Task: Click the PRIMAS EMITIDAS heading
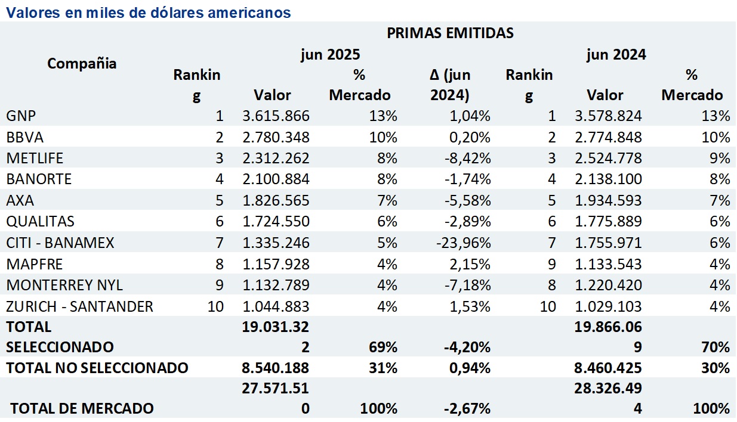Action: [450, 33]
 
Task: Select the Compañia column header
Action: [82, 63]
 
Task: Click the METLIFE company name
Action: [35, 158]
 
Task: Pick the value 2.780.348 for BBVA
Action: [276, 137]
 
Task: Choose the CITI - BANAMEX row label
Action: [60, 243]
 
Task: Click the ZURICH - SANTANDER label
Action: [79, 306]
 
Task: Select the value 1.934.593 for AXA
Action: [608, 200]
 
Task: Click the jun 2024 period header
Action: [616, 55]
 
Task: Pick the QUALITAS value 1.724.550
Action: [276, 222]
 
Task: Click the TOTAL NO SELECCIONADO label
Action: [97, 368]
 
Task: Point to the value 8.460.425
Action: [608, 368]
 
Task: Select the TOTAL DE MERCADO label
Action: [82, 409]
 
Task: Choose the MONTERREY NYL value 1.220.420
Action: [608, 285]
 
